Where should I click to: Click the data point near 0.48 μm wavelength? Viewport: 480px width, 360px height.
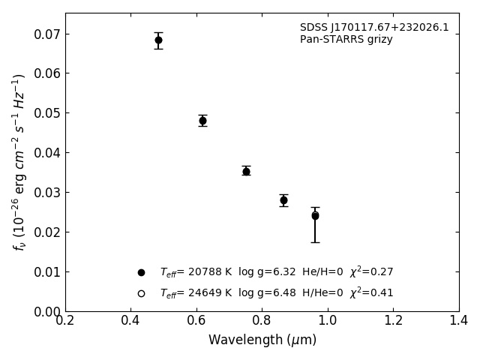coord(158,40)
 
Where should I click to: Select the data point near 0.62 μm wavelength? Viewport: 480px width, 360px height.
coord(202,120)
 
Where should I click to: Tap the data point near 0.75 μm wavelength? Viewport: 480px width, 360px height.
coord(246,171)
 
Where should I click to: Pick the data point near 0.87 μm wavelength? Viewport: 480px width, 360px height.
coord(283,199)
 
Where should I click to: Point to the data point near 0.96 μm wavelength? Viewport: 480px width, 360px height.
coord(315,215)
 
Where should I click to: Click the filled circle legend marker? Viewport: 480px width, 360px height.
coord(141,272)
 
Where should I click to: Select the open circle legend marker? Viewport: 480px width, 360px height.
coord(141,293)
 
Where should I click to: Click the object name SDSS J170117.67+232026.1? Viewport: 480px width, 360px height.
coord(374,28)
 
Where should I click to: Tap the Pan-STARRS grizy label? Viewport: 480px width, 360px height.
coord(346,40)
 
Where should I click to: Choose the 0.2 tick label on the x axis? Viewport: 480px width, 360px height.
coord(65,321)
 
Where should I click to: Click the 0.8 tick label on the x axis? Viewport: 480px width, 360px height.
coord(262,321)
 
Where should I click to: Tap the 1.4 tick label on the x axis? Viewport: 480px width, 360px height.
coord(458,321)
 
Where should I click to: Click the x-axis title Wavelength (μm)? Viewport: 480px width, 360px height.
coord(262,340)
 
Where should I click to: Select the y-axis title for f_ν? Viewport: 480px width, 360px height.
coord(19,162)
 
